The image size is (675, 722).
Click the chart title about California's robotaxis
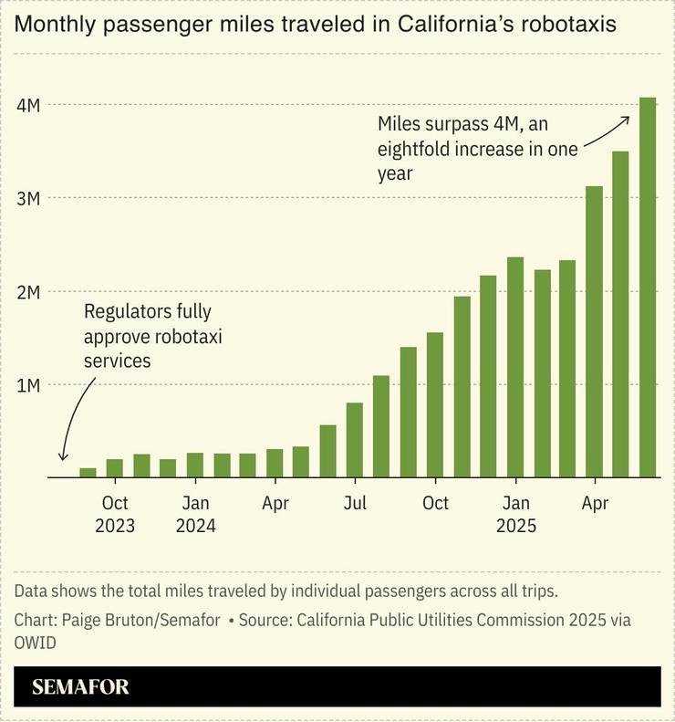click(x=315, y=25)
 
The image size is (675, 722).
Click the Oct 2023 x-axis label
click(x=115, y=514)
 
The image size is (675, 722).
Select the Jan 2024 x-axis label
click(x=195, y=514)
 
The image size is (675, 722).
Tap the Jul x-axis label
click(x=355, y=503)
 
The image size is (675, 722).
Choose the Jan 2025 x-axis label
click(x=515, y=514)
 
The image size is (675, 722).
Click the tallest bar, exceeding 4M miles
click(x=647, y=287)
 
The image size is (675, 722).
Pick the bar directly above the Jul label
click(x=355, y=439)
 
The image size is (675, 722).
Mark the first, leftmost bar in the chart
click(x=88, y=472)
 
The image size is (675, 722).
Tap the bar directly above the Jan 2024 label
click(x=195, y=465)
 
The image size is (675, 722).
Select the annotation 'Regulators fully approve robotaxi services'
click(x=152, y=336)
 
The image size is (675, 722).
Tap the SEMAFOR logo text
click(x=80, y=687)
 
